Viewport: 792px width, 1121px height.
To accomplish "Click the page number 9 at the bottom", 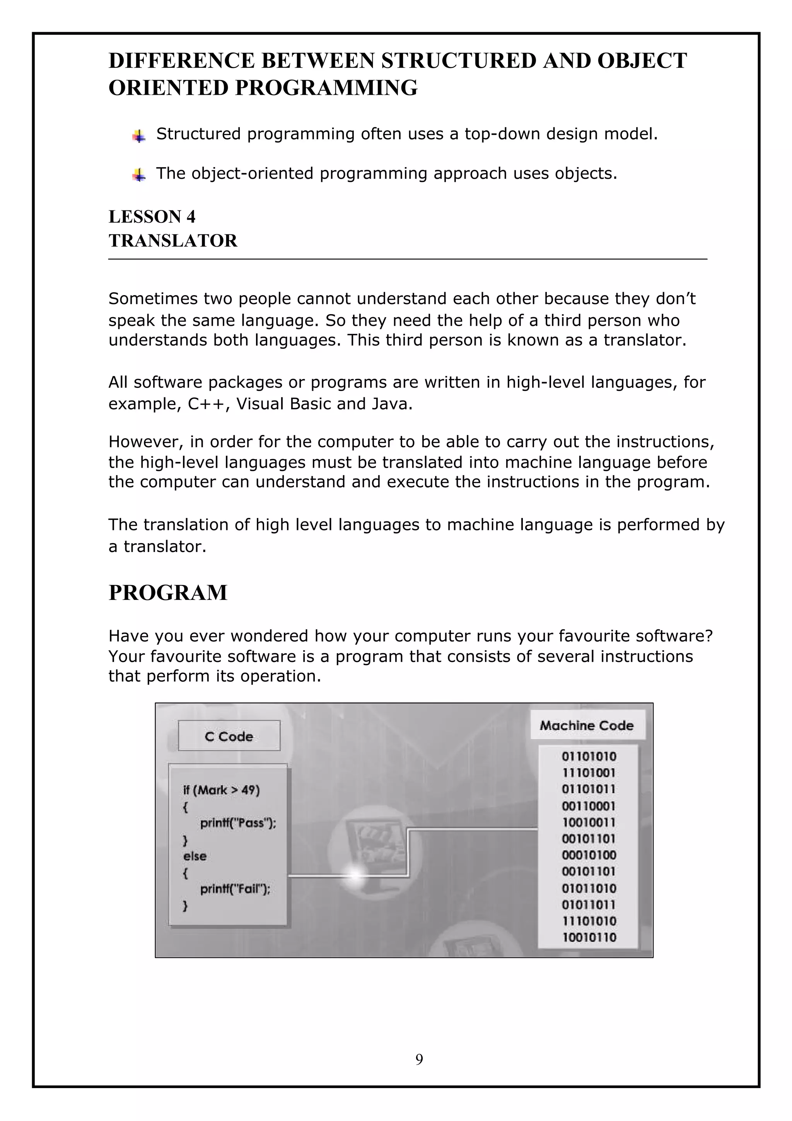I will coord(419,1059).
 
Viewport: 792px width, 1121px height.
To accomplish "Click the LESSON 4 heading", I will coord(152,217).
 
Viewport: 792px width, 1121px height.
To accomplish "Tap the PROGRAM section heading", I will coord(168,593).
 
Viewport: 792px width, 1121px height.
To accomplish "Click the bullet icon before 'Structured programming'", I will coord(139,136).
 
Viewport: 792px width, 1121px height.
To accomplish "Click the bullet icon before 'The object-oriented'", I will coord(139,175).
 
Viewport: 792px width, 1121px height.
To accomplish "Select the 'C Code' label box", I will coord(229,736).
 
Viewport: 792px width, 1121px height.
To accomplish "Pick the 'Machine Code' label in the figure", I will coord(587,726).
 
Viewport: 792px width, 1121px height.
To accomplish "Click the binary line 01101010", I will coord(589,756).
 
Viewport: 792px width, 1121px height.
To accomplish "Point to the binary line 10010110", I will coord(589,937).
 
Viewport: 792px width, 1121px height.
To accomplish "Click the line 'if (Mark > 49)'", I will coord(221,790).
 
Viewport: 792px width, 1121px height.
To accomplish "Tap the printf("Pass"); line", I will coord(238,823).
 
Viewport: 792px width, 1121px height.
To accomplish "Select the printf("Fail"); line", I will coord(235,889).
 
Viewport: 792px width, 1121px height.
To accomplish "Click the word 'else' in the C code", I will coord(195,856).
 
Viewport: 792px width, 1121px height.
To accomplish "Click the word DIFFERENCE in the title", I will coord(181,61).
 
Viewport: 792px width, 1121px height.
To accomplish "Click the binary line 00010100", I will coord(589,855).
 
